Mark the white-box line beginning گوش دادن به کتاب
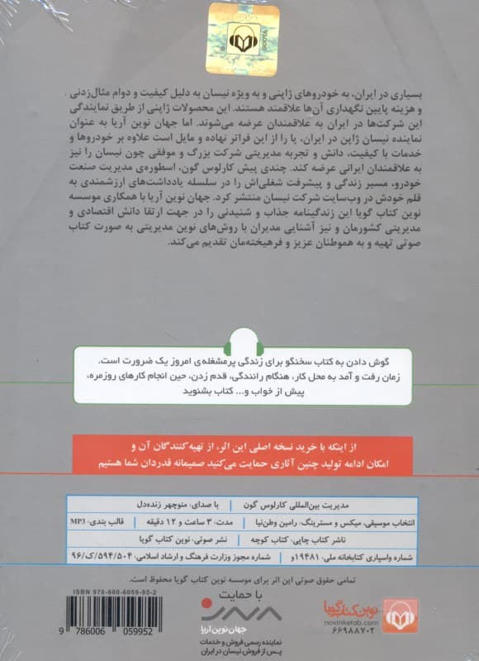(x=281, y=363)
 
